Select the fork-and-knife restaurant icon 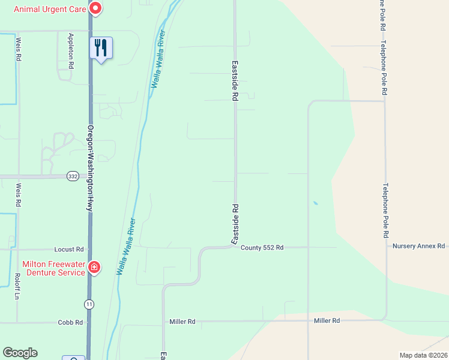coord(101,47)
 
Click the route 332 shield coord(73,176)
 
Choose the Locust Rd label coord(69,249)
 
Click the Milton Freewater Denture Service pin coord(94,267)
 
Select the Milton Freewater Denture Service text coord(53,268)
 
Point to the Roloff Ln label coord(17,287)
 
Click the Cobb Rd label coord(70,322)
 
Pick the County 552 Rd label coord(262,247)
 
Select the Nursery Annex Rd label coord(418,246)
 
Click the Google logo coord(20,353)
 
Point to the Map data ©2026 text coord(423,355)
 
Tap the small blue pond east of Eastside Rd coord(315,203)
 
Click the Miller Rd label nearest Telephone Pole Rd coord(327,321)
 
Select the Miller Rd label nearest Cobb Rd coord(182,322)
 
